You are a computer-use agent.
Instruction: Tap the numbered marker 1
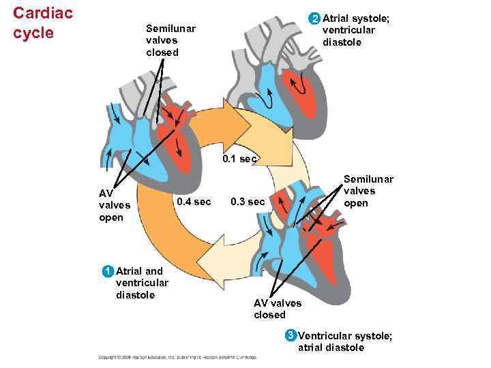[x=107, y=271]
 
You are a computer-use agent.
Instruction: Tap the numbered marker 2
[x=314, y=18]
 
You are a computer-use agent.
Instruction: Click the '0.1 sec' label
[x=239, y=159]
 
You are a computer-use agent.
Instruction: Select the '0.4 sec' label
[x=194, y=202]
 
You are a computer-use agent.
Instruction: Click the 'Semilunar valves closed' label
[x=170, y=40]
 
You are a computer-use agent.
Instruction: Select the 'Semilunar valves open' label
[x=368, y=191]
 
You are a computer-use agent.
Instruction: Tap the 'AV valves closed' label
[x=277, y=309]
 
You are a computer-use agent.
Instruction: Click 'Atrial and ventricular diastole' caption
[x=143, y=283]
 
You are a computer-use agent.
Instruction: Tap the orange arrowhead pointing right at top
[x=231, y=122]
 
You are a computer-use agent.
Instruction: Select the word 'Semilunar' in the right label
[x=368, y=179]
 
